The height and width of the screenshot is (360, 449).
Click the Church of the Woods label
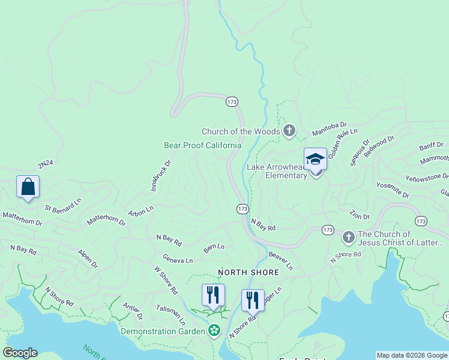240,131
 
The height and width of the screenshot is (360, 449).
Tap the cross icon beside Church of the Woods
289,130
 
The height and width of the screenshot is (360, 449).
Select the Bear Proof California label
202,145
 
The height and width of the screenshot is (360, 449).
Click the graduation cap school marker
315,159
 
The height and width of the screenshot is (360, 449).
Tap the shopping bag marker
28,187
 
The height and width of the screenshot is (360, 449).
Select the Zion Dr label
361,214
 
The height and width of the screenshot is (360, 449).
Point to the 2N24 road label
46,164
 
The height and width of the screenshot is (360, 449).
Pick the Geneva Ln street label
178,260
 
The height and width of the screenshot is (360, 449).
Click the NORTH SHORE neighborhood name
248,272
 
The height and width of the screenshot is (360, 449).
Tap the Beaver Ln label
280,259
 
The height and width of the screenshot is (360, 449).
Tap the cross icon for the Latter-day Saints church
348,238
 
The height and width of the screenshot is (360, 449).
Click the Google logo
19,353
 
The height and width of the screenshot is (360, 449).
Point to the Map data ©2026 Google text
412,355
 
